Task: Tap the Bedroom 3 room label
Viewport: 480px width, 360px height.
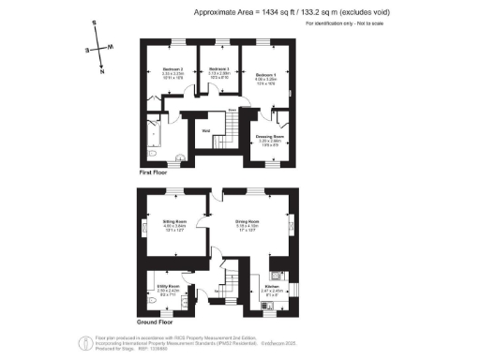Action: pos(219,70)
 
